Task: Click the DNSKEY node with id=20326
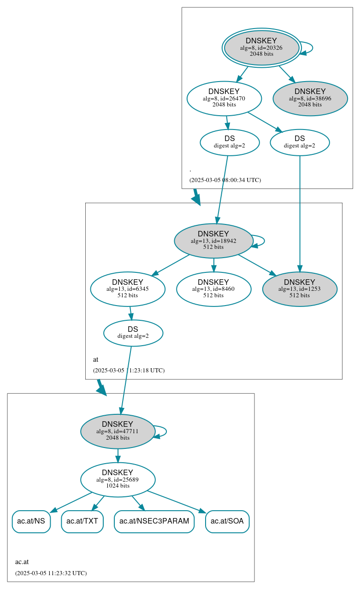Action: [261, 47]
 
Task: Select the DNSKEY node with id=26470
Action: [224, 98]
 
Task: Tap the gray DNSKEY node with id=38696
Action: [310, 98]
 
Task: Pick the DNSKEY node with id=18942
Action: [213, 241]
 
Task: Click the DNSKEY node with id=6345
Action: [128, 289]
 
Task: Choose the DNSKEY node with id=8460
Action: [213, 289]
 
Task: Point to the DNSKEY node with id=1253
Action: [300, 289]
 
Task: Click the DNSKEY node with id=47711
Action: [118, 431]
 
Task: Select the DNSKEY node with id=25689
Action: [118, 480]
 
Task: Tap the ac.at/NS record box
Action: [31, 521]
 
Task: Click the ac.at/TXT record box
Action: [82, 521]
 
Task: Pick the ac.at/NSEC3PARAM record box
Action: [154, 521]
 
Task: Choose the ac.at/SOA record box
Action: [227, 521]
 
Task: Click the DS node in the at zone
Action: [133, 333]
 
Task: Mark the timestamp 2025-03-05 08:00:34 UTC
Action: [225, 180]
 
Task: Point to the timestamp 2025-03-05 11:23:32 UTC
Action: [51, 573]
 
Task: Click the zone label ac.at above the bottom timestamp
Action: [22, 562]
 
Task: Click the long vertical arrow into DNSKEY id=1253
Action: [300, 212]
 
